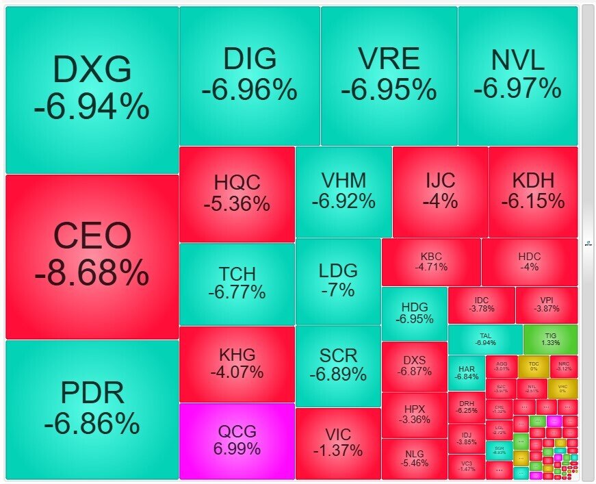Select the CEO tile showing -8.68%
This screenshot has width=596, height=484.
[92, 256]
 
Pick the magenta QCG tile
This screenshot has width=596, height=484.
[237, 440]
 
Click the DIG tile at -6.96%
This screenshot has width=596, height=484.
[249, 75]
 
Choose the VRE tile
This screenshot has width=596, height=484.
[389, 75]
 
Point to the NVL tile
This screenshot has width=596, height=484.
[517, 75]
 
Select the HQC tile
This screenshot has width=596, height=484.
[237, 193]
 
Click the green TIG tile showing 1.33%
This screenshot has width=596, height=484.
[550, 339]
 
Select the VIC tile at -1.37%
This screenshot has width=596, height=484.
[337, 442]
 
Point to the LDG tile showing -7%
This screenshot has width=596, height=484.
[338, 280]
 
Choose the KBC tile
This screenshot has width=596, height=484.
[431, 261]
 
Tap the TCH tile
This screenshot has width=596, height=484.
[237, 283]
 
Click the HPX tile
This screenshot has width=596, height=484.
[415, 413]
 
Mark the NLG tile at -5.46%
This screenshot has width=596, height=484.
[415, 458]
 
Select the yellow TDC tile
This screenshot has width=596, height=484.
[534, 366]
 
